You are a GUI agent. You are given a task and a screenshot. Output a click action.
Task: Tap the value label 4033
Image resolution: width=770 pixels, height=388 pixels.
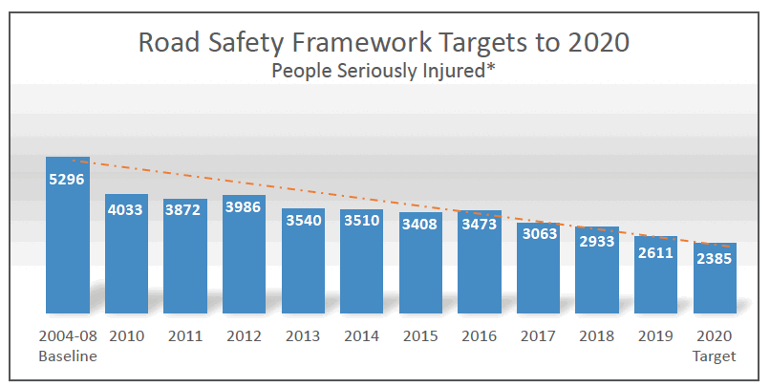point(126,208)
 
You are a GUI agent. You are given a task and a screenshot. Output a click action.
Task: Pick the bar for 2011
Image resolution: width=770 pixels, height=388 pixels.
point(185,258)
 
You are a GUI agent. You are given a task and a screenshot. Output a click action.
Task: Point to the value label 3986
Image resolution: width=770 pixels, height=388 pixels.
point(244,208)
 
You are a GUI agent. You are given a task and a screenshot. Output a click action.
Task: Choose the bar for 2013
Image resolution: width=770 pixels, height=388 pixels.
point(303,263)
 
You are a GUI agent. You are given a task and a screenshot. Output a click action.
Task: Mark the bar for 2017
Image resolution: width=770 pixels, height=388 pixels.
point(539,272)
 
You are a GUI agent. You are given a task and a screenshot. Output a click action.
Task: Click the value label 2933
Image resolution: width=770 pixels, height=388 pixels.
point(597,241)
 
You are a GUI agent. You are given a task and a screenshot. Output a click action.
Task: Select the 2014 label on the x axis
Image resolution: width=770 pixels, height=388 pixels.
point(362,336)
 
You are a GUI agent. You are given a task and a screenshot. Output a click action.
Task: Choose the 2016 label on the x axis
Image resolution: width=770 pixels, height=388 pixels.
point(480,336)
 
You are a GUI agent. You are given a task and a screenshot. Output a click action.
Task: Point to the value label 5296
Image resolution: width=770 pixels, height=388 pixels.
point(68,177)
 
